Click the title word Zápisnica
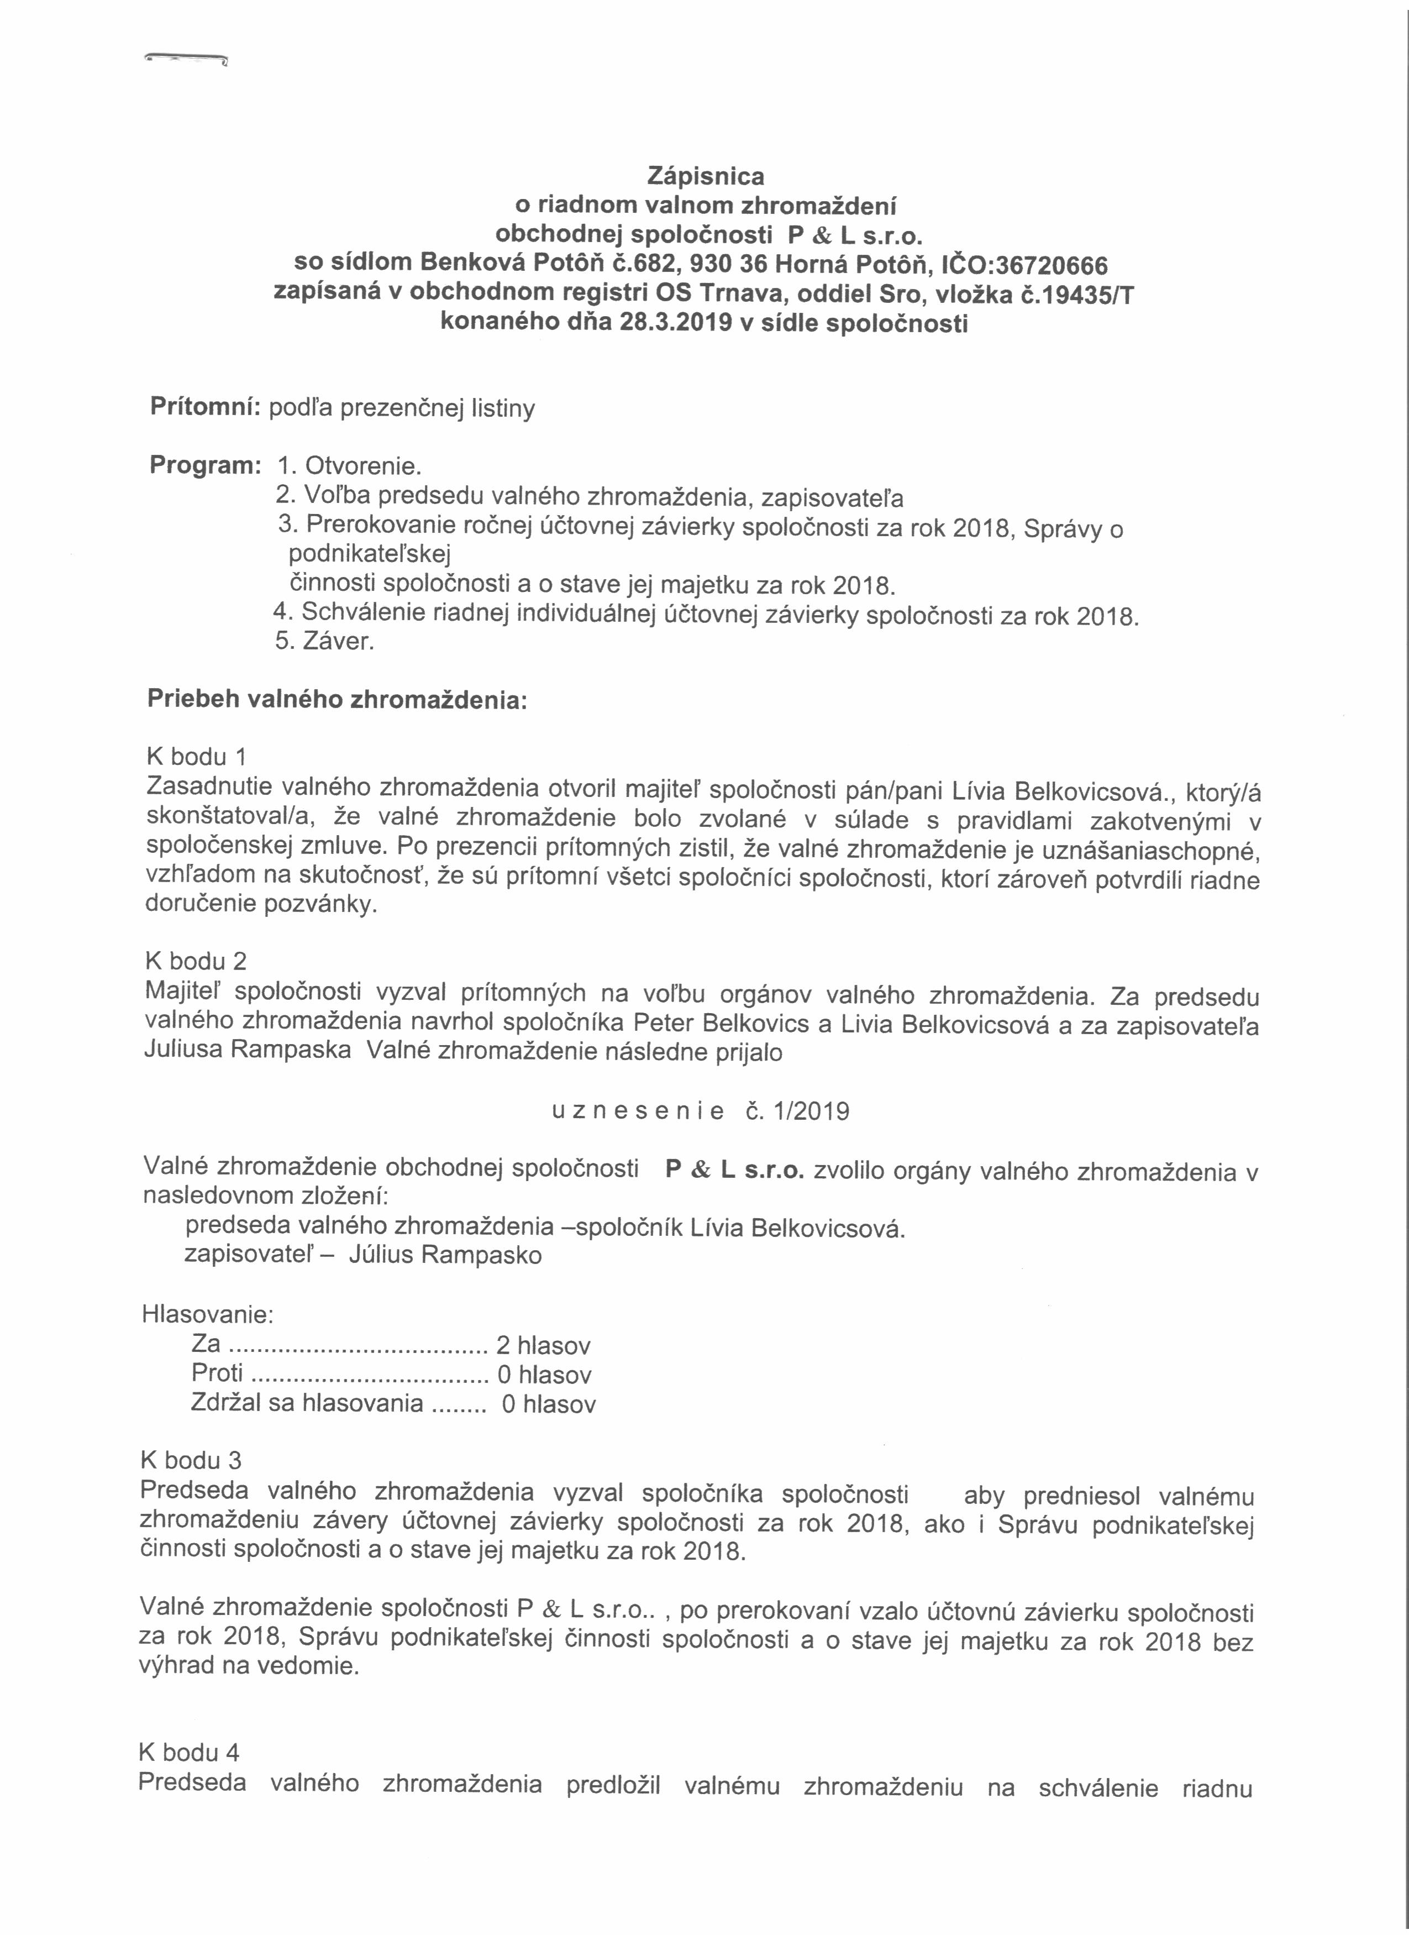pyautogui.click(x=706, y=177)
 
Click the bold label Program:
pyautogui.click(x=204, y=466)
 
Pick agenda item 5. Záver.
pyautogui.click(x=324, y=642)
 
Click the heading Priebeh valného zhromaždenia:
pyautogui.click(x=338, y=700)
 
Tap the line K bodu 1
pyautogui.click(x=197, y=757)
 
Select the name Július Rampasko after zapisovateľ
pyautogui.click(x=445, y=1256)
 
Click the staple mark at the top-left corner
pyautogui.click(x=187, y=60)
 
